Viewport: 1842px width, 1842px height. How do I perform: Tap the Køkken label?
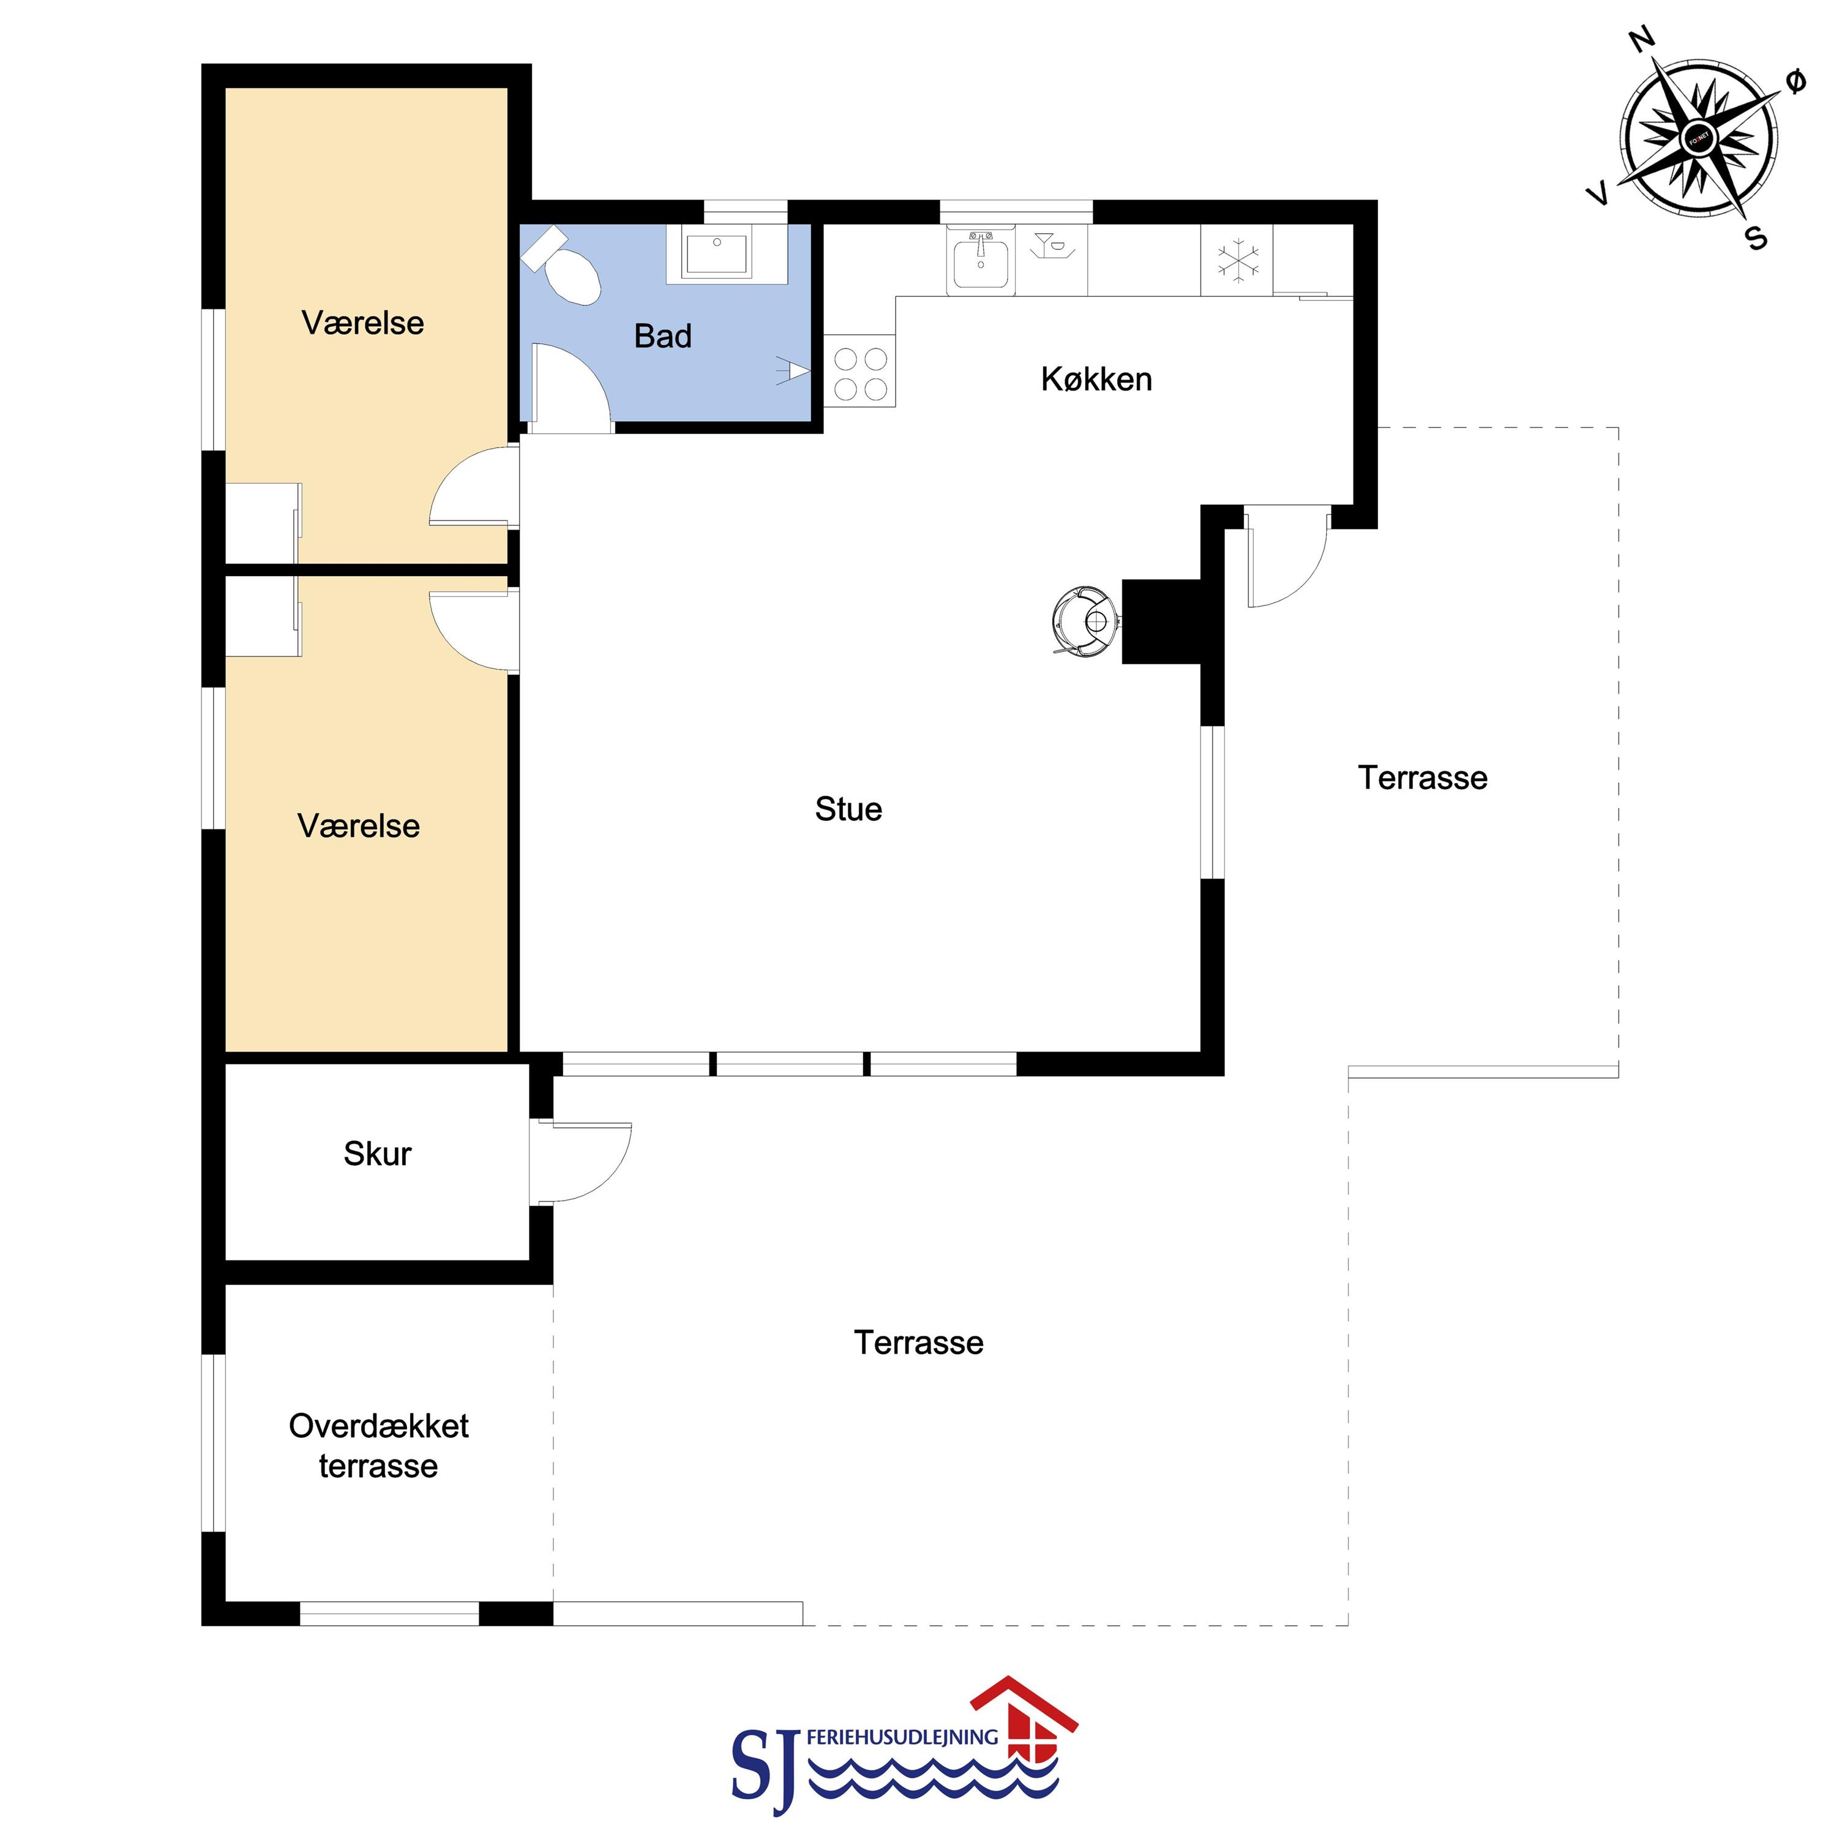click(x=1096, y=380)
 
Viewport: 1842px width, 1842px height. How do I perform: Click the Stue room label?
click(x=848, y=809)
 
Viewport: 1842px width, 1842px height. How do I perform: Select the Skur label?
click(x=378, y=1154)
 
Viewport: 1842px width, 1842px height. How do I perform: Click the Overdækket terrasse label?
click(x=378, y=1445)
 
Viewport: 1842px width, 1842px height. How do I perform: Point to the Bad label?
click(x=662, y=337)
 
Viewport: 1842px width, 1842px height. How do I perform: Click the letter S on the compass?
click(x=1757, y=238)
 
